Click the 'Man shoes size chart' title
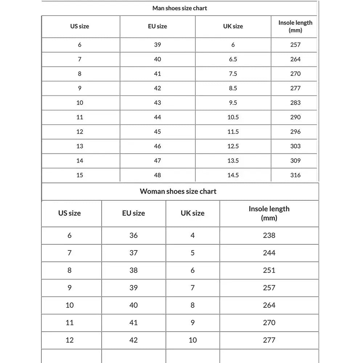tap(180, 8)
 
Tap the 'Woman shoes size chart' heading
tap(178, 191)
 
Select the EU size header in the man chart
tap(158, 26)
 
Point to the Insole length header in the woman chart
tap(269, 213)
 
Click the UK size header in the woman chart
tap(192, 213)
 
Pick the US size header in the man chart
tap(79, 26)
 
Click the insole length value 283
tap(295, 102)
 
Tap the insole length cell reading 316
tap(295, 175)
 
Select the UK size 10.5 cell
tap(233, 117)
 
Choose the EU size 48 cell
tap(158, 175)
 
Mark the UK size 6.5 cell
tap(233, 59)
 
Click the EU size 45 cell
tap(158, 131)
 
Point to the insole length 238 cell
tap(269, 235)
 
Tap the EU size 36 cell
tap(134, 235)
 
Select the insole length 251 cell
tap(269, 270)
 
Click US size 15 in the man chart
tap(79, 175)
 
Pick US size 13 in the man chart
tap(79, 146)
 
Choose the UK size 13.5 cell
tap(233, 160)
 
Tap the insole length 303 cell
tap(295, 146)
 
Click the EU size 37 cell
tap(134, 253)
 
